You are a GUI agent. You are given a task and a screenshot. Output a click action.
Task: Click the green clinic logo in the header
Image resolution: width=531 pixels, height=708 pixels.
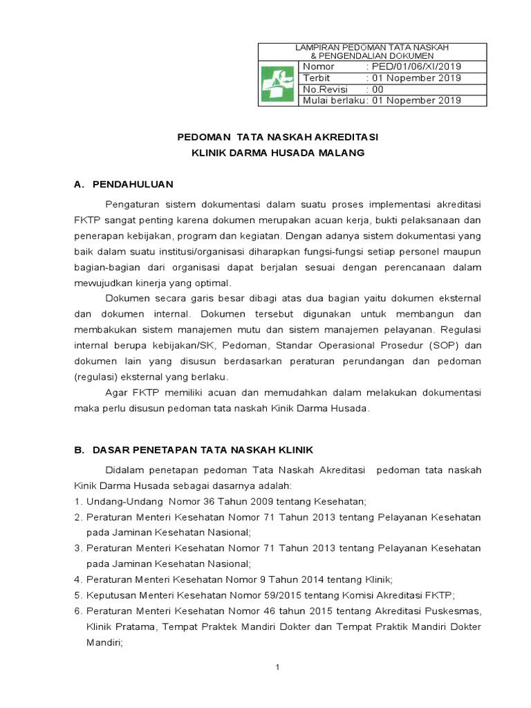(x=278, y=84)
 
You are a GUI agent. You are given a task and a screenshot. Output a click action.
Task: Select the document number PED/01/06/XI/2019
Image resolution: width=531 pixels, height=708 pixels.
(x=416, y=66)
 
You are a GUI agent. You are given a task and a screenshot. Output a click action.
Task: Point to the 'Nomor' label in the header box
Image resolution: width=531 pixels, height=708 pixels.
(x=319, y=66)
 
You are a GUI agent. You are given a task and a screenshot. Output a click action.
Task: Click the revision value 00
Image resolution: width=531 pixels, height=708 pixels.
(x=378, y=89)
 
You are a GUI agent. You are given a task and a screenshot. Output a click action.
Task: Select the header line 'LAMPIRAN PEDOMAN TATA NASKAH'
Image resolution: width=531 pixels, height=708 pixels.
(x=372, y=47)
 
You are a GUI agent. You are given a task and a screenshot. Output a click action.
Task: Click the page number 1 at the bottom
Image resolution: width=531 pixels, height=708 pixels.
(x=277, y=667)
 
